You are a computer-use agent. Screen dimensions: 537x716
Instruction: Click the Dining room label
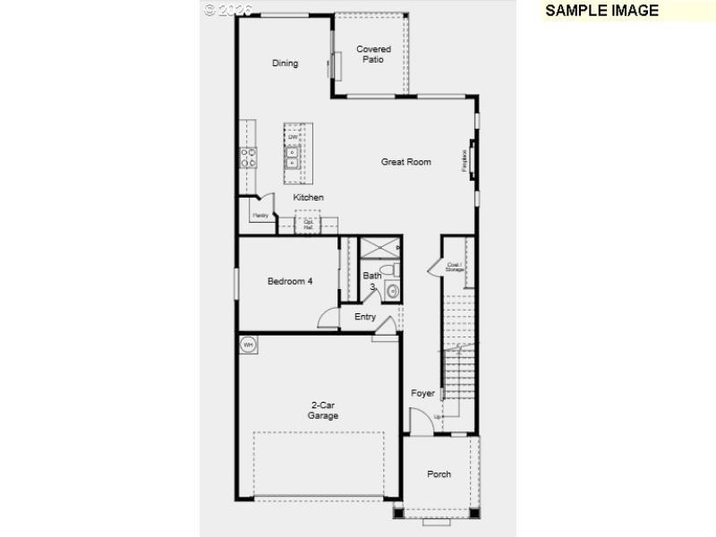(x=285, y=64)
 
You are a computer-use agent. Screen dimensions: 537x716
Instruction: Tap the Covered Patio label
(x=373, y=55)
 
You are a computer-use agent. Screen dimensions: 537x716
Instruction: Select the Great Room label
(x=405, y=162)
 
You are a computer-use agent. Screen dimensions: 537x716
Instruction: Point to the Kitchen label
(x=308, y=197)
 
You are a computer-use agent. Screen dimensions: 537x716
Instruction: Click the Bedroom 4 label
(x=290, y=281)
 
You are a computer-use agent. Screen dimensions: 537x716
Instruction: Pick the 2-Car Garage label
(x=323, y=411)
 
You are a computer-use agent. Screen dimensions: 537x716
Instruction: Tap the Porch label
(x=439, y=474)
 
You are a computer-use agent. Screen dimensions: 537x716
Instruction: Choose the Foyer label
(x=422, y=394)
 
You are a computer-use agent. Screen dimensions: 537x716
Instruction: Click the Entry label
(x=365, y=317)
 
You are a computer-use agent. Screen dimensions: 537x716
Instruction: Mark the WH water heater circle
(x=248, y=344)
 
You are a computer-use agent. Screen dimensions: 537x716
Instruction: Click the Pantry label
(x=260, y=216)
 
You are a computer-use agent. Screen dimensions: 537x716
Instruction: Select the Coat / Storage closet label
(x=455, y=267)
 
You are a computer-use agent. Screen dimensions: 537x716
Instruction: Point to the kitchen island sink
(x=293, y=158)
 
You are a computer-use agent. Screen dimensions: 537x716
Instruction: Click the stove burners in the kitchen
(x=249, y=158)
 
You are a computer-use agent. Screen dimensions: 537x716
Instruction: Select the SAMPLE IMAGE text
(x=601, y=11)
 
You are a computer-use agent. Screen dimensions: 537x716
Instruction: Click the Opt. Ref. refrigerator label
(x=308, y=226)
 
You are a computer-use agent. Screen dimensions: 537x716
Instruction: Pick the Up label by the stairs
(x=438, y=417)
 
